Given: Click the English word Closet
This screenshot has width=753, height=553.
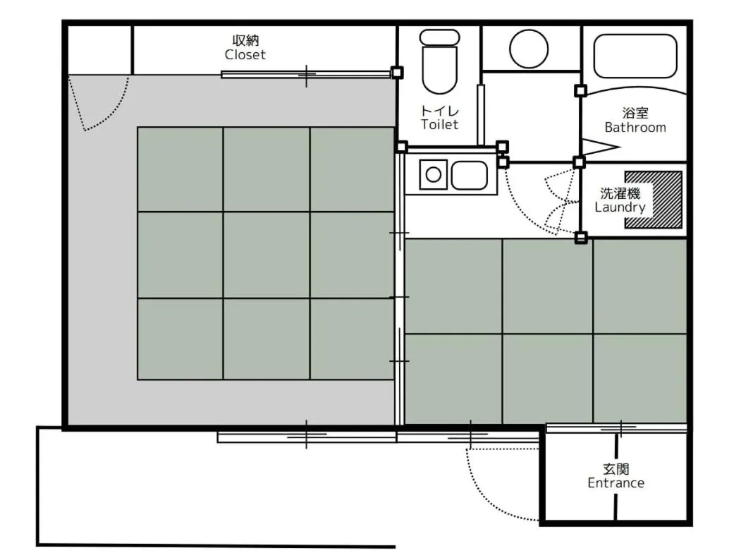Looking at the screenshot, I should [245, 54].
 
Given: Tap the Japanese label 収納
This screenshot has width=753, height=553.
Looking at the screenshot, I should [245, 40].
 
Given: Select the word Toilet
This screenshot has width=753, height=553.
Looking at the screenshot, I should [439, 125].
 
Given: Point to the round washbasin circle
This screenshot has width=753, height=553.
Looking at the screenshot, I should [529, 48].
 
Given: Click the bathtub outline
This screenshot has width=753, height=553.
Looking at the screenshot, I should [635, 56].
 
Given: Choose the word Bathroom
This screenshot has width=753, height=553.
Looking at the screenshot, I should [635, 128].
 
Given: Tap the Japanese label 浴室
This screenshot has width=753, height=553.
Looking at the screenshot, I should [635, 113].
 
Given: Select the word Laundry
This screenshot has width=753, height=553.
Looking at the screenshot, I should [620, 207].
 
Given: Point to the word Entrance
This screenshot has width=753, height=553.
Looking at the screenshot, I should [616, 483].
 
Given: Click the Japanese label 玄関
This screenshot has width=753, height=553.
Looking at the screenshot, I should [616, 468].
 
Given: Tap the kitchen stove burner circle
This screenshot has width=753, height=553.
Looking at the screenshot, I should [433, 174].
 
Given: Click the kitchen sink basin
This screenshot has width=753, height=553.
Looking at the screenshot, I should [469, 175].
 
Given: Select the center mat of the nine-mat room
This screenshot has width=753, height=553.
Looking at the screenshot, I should [266, 255].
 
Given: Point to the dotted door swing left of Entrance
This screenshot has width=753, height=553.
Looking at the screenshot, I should [494, 487].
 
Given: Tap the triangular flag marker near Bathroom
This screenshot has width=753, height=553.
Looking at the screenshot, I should [600, 146].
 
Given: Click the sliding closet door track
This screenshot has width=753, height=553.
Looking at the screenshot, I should [306, 74].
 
